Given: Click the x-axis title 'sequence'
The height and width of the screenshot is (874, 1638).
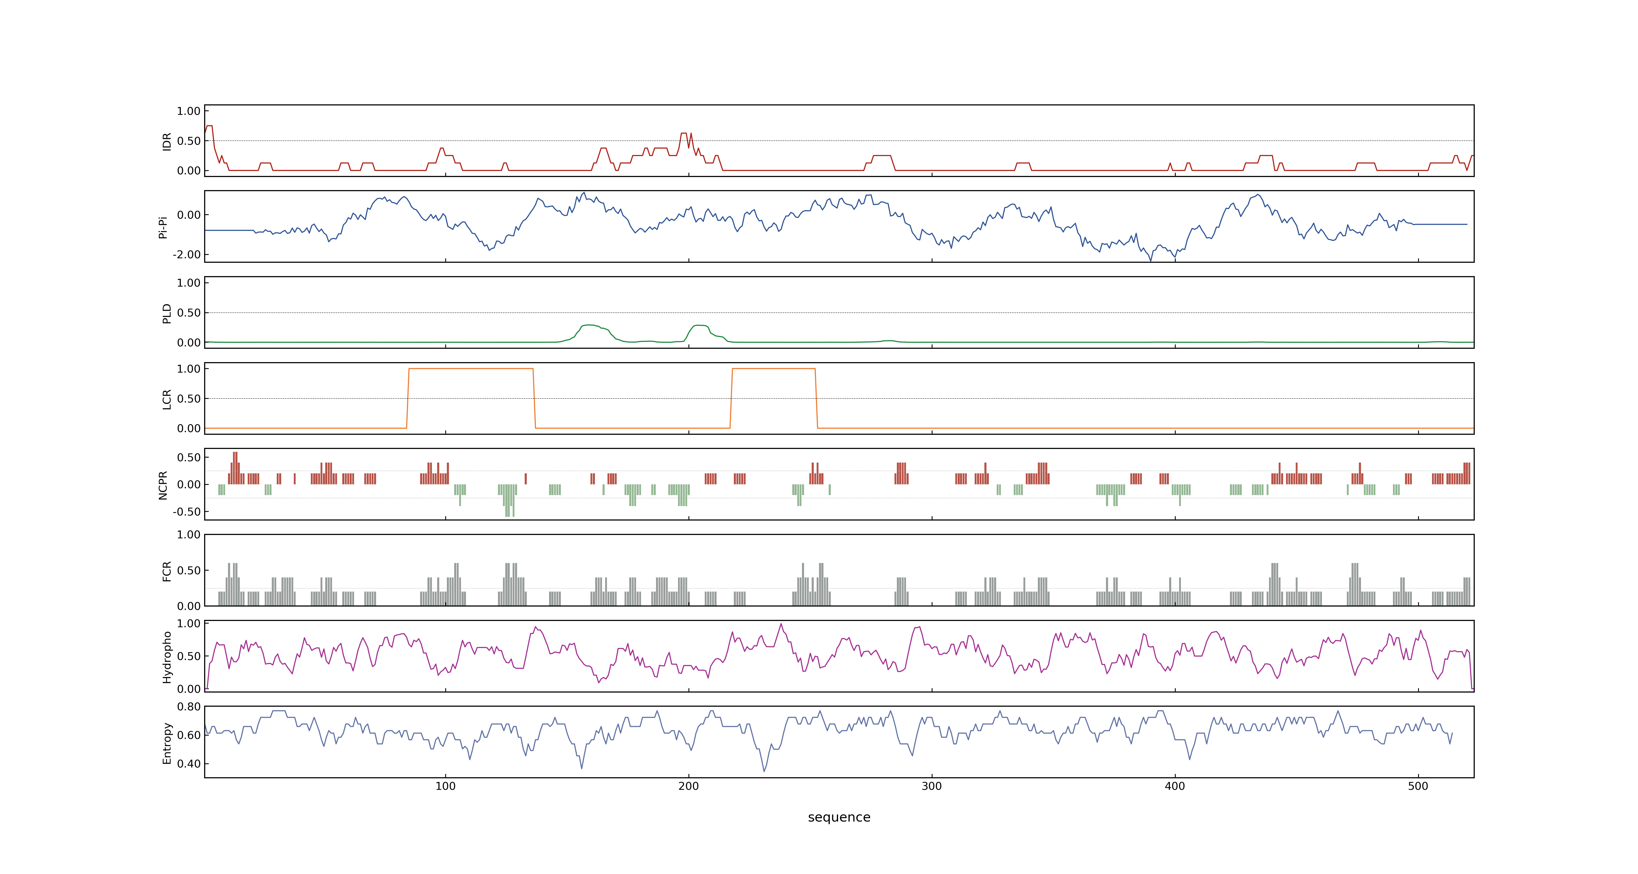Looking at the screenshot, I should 839,817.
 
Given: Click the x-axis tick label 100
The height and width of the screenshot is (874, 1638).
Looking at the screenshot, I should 445,786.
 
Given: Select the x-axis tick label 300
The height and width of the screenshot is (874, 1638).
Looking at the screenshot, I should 931,786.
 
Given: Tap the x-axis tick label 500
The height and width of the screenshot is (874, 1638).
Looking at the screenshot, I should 1418,786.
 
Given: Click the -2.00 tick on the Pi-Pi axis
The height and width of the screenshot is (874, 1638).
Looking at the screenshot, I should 186,254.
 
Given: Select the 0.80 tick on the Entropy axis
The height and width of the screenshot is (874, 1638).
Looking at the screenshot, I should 189,707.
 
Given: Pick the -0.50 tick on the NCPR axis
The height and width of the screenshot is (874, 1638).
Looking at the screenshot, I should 186,511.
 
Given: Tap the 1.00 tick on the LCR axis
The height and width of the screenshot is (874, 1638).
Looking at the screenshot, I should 189,369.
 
